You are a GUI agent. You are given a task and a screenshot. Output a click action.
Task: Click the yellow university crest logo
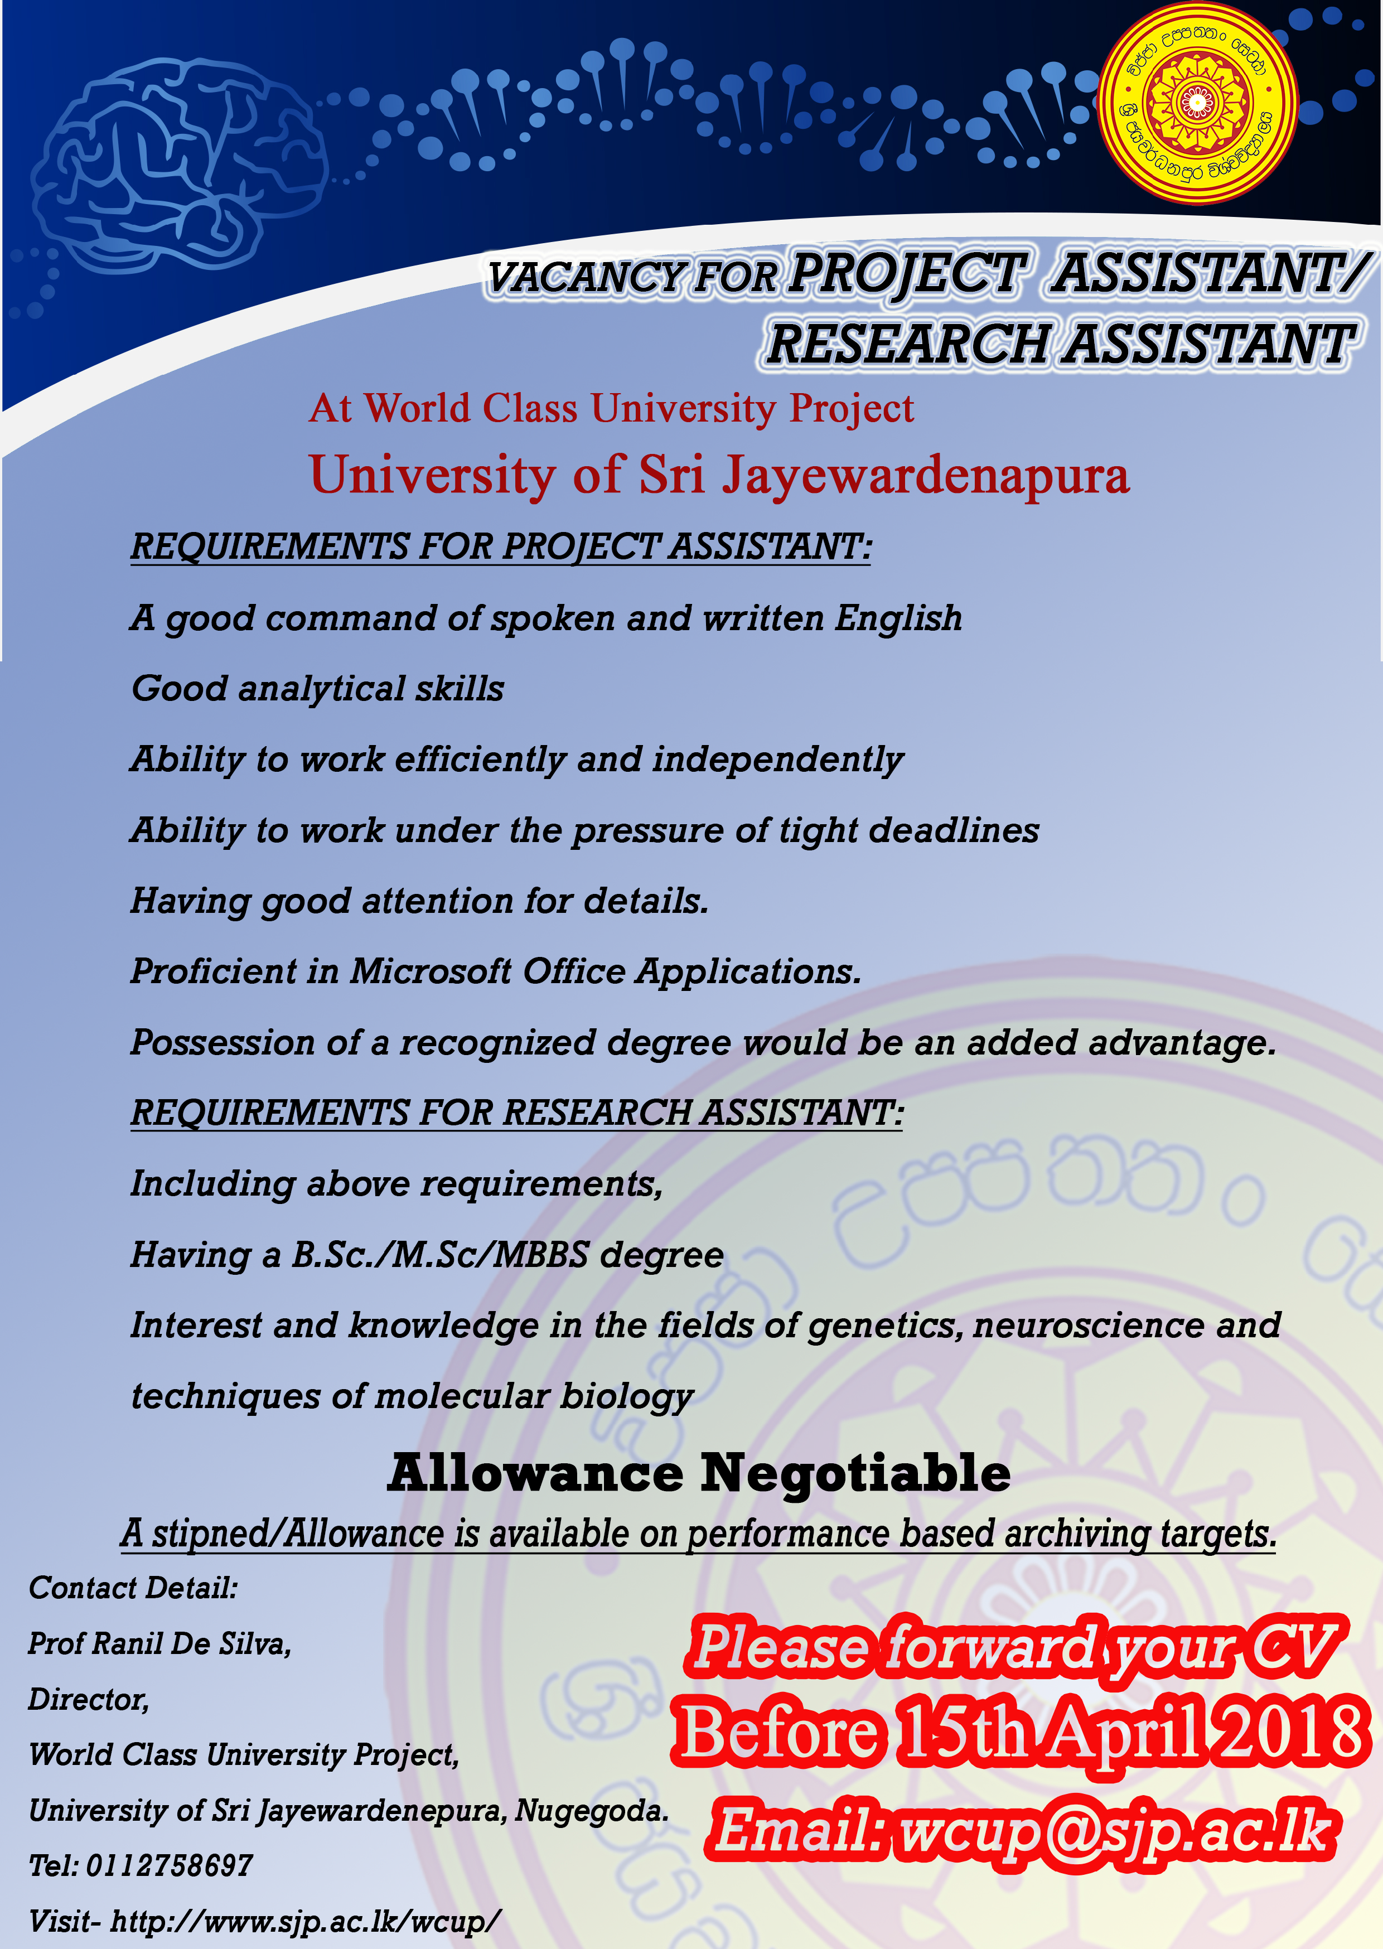click(x=1197, y=103)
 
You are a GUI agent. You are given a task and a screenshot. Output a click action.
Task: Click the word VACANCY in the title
click(x=587, y=278)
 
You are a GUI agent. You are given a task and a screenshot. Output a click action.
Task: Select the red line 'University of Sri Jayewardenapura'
click(x=719, y=475)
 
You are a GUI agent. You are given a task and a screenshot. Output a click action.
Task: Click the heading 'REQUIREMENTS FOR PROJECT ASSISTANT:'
click(x=501, y=547)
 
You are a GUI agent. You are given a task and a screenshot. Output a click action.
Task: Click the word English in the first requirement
click(x=898, y=619)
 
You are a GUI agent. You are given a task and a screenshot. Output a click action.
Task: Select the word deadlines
click(x=954, y=830)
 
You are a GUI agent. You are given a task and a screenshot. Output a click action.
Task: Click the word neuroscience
click(x=1089, y=1326)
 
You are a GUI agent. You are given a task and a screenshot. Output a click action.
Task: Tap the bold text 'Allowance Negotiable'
click(x=699, y=1474)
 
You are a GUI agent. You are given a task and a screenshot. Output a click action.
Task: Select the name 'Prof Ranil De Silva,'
click(x=160, y=1643)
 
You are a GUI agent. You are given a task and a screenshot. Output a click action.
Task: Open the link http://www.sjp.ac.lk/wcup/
click(x=306, y=1921)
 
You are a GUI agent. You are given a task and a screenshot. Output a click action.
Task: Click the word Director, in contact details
click(x=89, y=1700)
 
